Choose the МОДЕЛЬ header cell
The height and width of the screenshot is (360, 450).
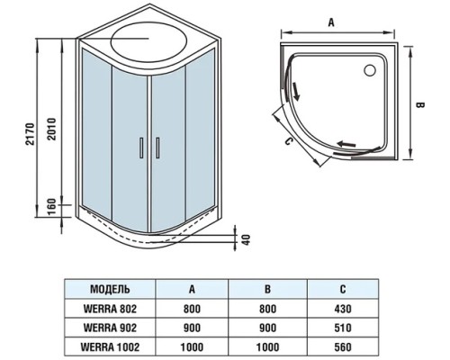[111, 289]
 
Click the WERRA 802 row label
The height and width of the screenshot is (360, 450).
[111, 309]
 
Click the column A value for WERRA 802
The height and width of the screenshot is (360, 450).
[192, 309]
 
